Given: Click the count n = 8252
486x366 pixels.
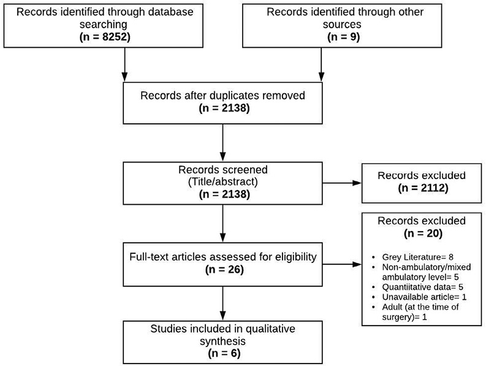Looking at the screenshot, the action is pos(105,37).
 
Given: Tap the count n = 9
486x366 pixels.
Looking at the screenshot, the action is pos(343,37).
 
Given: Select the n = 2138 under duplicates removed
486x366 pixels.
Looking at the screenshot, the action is pos(224,108).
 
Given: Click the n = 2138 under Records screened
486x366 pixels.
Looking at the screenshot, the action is pos(224,194).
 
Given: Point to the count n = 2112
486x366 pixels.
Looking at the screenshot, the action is pos(423,188).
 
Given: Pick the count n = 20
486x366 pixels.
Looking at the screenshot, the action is pos(423,233).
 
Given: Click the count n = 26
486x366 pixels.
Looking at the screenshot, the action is pos(224,269).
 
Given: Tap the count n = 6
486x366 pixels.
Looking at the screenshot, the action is pos(224,353).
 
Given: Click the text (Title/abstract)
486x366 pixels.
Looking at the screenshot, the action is pos(223,181).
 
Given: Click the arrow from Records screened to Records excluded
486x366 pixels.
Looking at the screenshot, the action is pos(342,183).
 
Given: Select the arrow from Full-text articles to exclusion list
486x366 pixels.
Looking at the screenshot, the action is pos(342,265).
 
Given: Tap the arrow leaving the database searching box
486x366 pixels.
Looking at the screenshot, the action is pos(124,64).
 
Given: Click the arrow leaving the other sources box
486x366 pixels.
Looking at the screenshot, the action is pos(321,64).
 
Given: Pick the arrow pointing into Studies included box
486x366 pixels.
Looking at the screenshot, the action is pos(223,303).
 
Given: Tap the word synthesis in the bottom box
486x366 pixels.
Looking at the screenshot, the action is pos(223,341).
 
